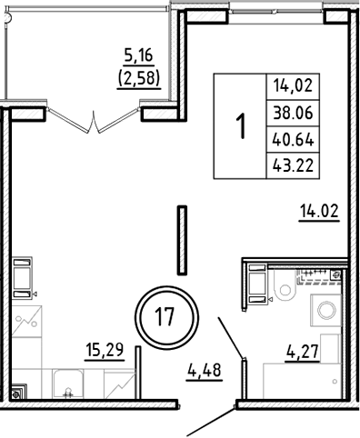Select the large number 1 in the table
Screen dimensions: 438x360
point(241,125)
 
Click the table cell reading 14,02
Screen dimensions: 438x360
point(291,87)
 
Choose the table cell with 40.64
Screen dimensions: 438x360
point(291,139)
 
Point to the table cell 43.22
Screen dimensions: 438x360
point(291,164)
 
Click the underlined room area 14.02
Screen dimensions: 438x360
point(319,214)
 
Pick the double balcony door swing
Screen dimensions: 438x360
point(95,118)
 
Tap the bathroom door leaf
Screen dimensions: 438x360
point(230,337)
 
